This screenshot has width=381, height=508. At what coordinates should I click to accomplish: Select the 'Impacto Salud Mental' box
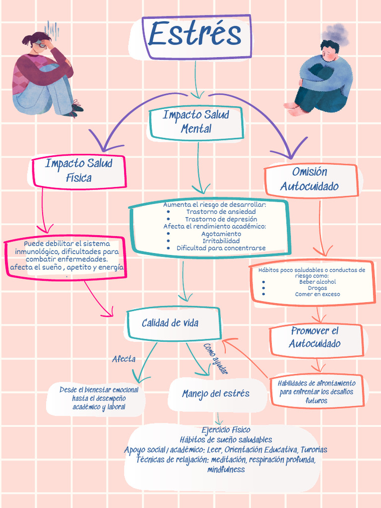click(x=196, y=122)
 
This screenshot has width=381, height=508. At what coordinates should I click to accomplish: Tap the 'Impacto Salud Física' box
click(x=78, y=171)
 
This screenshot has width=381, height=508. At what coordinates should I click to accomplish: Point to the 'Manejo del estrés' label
click(x=215, y=394)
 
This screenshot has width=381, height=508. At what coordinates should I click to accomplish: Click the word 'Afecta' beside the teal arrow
click(x=124, y=359)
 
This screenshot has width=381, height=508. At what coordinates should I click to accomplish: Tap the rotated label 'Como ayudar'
click(x=216, y=358)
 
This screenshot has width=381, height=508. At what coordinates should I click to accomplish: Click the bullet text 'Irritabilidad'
click(x=221, y=241)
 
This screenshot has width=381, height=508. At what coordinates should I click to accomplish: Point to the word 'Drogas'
click(x=317, y=288)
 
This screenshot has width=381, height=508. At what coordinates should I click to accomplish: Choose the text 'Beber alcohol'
click(x=317, y=281)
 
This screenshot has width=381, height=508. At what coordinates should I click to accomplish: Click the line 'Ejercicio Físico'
click(x=226, y=430)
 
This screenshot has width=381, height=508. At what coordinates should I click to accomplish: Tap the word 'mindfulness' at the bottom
click(x=226, y=469)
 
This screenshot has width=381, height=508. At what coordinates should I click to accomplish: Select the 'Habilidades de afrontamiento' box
click(x=317, y=391)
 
